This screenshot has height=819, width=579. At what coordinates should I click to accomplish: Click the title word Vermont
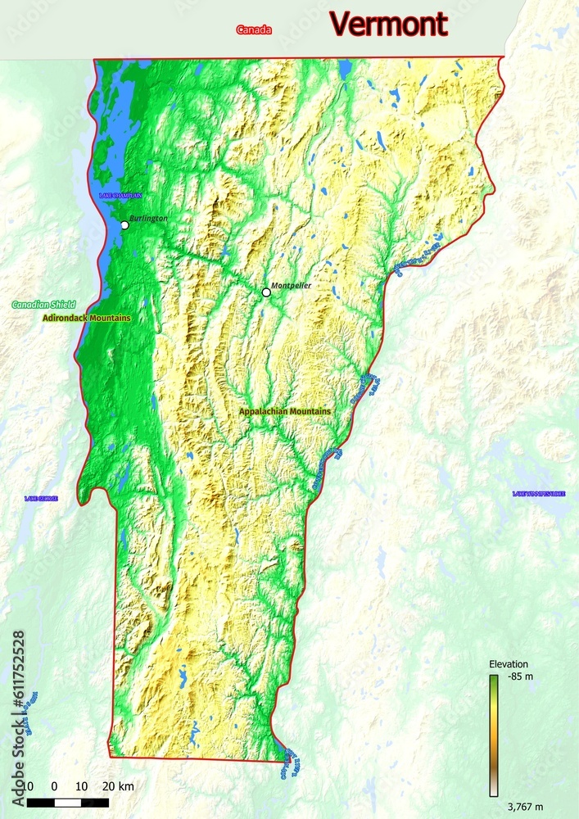[x=389, y=25]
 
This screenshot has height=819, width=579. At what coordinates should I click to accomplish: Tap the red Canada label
[x=254, y=30]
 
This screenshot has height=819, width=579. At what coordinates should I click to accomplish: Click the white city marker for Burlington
[x=124, y=225]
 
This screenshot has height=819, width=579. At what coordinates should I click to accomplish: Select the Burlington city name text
[x=148, y=219]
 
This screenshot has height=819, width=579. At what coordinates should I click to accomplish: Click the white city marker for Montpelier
[x=266, y=292]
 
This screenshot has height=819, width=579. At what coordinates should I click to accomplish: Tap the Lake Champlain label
[x=120, y=196]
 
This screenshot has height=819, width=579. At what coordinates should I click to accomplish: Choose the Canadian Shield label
[x=43, y=305]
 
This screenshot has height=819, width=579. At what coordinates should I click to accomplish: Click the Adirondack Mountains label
[x=86, y=317]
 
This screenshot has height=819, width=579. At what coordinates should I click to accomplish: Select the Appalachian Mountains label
[x=285, y=411]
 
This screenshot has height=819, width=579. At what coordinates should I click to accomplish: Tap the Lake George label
[x=41, y=498]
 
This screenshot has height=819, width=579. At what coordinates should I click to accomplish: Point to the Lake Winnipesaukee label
[x=539, y=494]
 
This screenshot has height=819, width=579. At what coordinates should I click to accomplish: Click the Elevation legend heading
[x=508, y=664]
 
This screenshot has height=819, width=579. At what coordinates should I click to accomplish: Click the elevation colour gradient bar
[x=494, y=735]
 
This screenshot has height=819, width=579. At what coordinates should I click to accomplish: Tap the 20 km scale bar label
[x=120, y=787]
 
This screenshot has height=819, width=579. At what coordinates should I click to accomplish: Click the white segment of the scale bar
[x=68, y=803]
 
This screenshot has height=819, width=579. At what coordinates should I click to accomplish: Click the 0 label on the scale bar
[x=54, y=787]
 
